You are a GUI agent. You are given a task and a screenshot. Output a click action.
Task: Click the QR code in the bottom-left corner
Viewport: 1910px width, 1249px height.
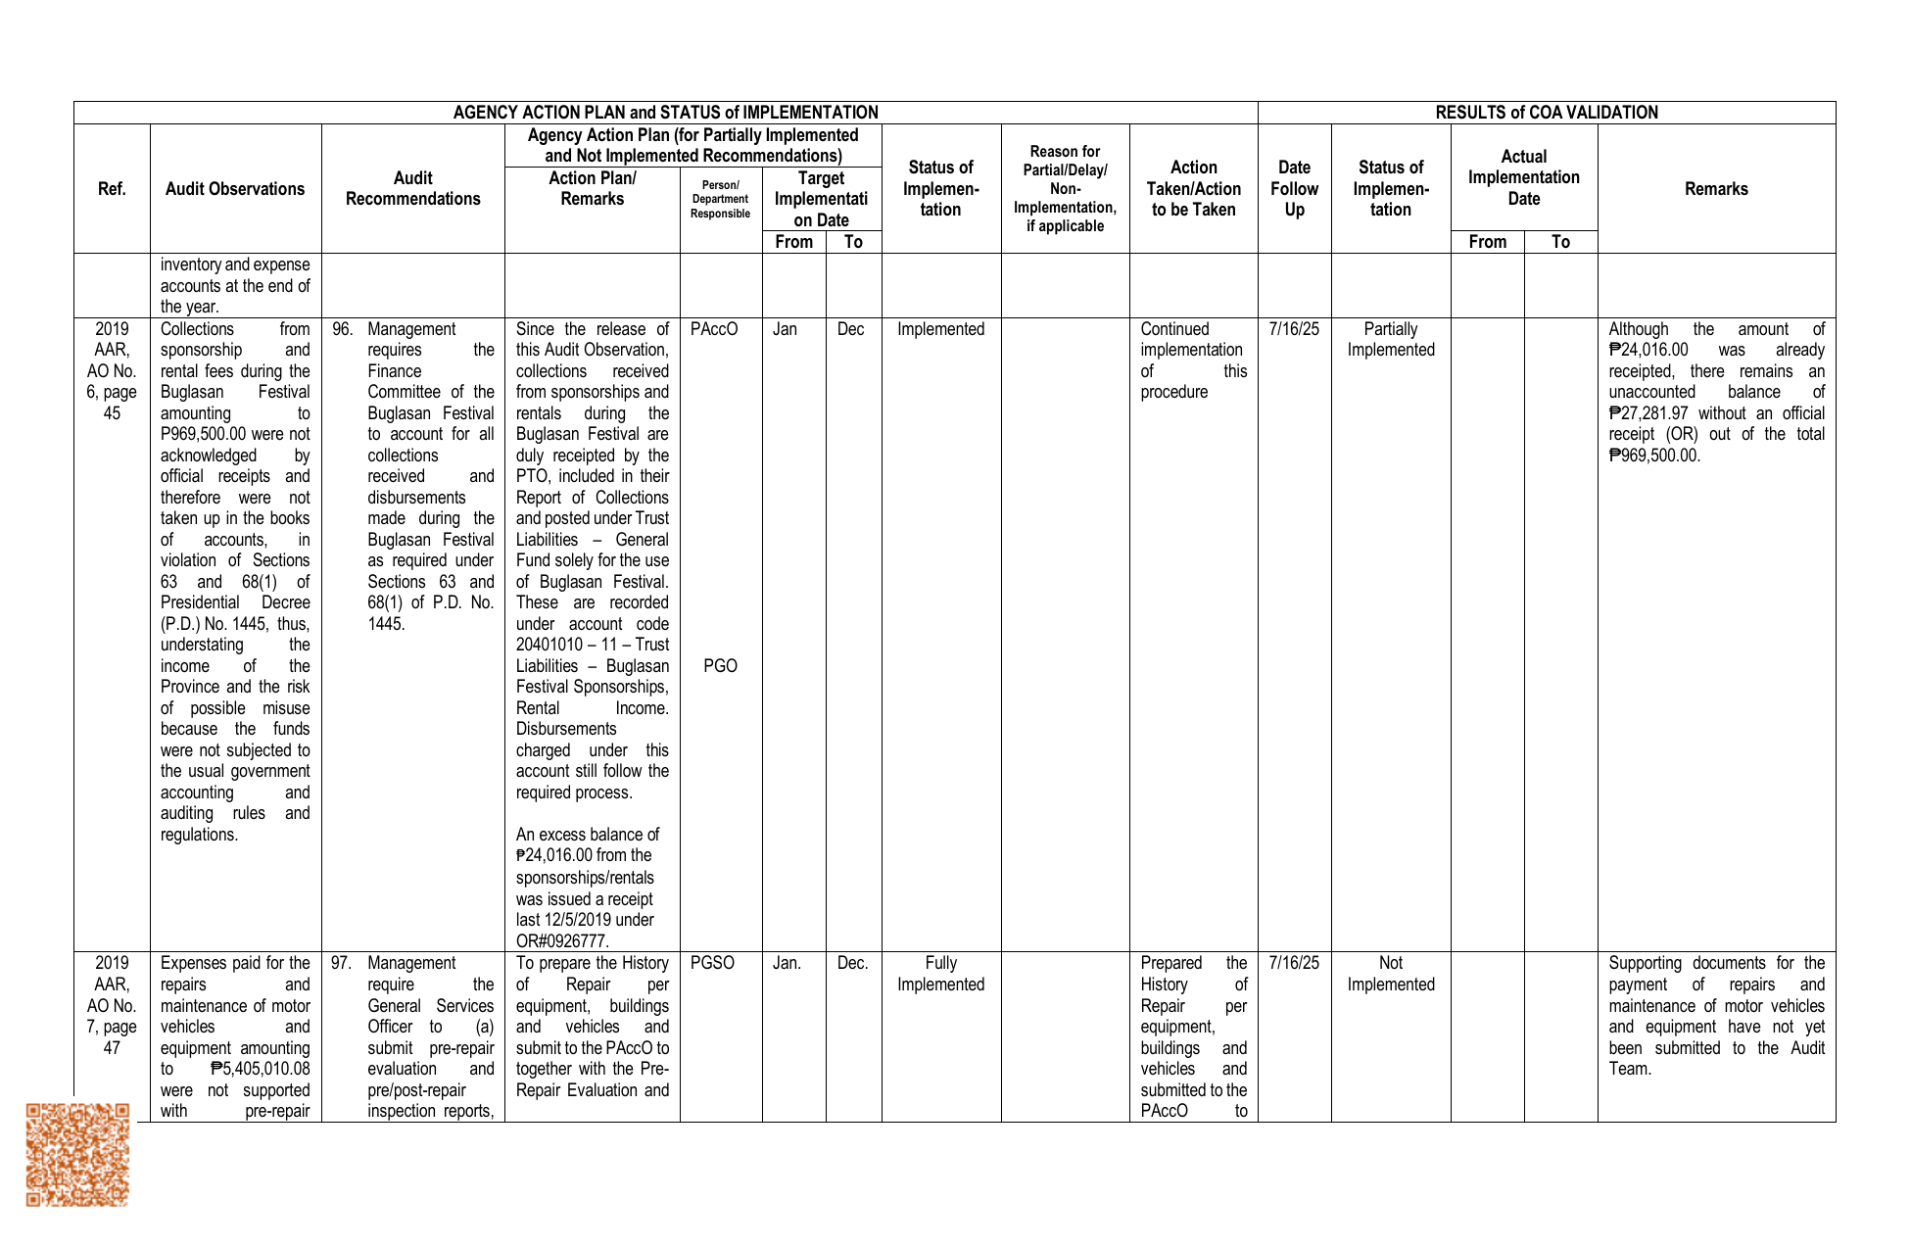[77, 1154]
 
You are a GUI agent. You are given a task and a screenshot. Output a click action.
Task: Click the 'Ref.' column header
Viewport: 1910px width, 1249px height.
[112, 189]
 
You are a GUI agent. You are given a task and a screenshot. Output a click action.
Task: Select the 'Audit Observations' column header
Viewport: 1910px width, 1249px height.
[235, 189]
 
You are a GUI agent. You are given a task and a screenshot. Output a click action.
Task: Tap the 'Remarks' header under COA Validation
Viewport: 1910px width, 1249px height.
[1716, 189]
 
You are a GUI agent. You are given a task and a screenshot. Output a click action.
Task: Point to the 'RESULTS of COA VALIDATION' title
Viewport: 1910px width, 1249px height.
[1546, 113]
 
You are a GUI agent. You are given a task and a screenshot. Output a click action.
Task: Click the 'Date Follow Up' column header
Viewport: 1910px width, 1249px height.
[1294, 189]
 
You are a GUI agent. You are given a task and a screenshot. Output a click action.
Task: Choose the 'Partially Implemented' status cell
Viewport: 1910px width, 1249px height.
[1390, 340]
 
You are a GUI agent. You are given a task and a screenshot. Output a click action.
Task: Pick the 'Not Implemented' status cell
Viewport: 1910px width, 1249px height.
[1390, 974]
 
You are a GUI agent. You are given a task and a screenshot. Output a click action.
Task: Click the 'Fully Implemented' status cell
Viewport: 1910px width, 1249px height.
[940, 974]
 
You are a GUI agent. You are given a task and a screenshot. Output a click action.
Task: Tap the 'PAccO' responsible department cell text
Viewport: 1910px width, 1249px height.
[713, 329]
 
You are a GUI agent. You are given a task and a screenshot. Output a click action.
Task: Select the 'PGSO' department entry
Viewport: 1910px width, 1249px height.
[712, 963]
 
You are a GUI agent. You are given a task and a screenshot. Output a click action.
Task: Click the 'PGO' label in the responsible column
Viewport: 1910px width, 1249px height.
[720, 666]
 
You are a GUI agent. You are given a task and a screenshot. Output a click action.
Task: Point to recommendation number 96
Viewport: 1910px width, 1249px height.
[342, 329]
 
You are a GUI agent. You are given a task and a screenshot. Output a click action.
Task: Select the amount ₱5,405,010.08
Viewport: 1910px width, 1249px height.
[260, 1069]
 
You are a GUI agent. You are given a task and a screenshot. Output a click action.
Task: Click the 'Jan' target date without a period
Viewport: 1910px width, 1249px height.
[785, 329]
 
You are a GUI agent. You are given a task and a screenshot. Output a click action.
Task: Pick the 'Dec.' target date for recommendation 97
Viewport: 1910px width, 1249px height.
[852, 963]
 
